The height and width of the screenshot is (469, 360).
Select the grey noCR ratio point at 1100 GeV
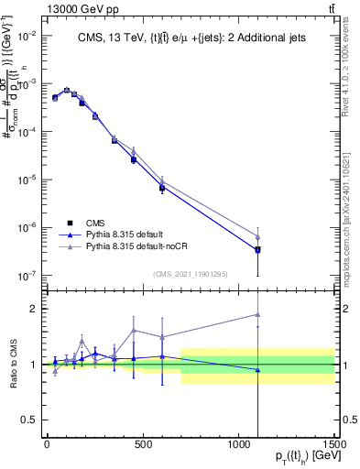coord(257,314)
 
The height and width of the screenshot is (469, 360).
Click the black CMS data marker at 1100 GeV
coord(257,249)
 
